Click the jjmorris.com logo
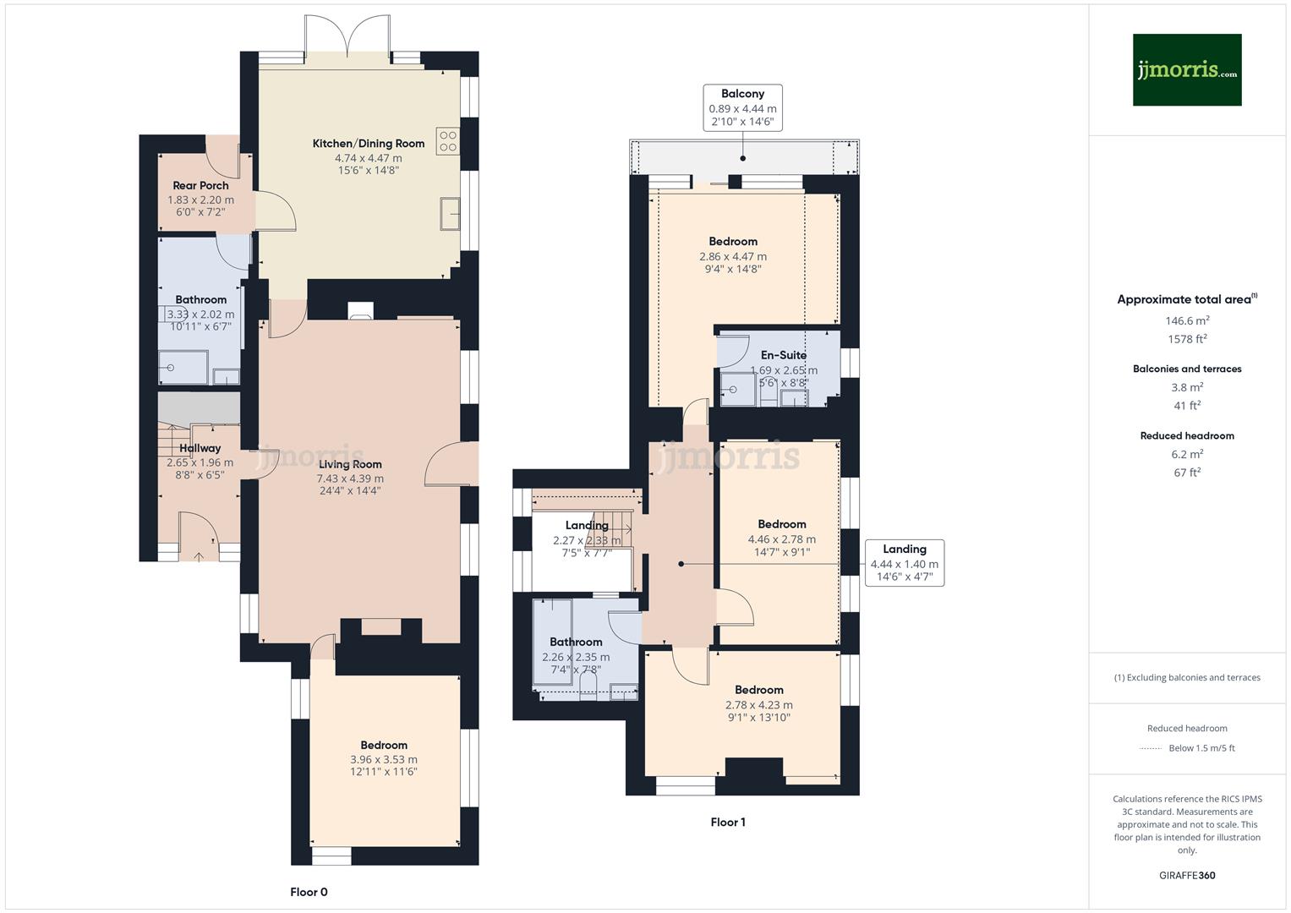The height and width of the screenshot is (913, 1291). click(x=1186, y=69)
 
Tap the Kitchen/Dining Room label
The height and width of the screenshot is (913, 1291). click(x=368, y=144)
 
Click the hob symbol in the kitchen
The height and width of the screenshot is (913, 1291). click(x=447, y=141)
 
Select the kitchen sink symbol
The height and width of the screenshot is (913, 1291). click(x=449, y=214)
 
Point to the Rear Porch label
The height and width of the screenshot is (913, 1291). click(x=200, y=186)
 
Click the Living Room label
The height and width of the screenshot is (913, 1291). click(x=350, y=464)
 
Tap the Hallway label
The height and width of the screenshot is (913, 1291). click(x=200, y=448)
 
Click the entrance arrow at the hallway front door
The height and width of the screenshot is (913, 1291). click(x=199, y=555)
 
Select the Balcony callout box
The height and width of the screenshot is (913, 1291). click(x=742, y=107)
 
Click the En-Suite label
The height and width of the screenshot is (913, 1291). click(x=783, y=355)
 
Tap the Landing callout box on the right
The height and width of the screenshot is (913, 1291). click(x=904, y=563)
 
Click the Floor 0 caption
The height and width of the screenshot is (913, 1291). click(x=309, y=892)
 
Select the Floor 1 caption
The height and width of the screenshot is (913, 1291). click(x=728, y=822)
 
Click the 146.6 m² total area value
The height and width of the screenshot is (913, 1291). click(x=1187, y=320)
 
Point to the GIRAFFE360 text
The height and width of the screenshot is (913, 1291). click(x=1187, y=875)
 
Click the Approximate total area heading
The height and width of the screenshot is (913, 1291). click(x=1186, y=299)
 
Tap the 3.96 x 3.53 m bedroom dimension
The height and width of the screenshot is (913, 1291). click(x=384, y=759)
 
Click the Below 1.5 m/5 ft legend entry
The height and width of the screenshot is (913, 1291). click(x=1201, y=748)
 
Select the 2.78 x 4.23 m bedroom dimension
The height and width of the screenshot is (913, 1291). click(x=758, y=705)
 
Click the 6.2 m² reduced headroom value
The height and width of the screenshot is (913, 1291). click(x=1187, y=454)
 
